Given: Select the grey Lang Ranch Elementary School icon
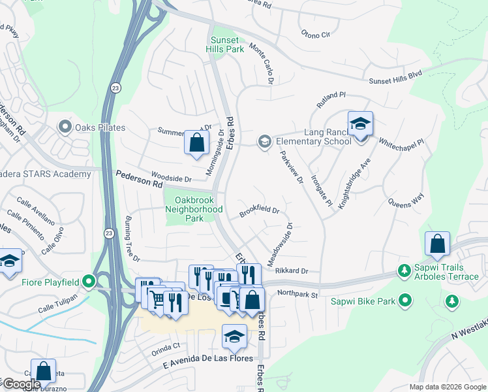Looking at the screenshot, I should click(264, 141).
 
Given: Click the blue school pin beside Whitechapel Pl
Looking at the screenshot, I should click(359, 124).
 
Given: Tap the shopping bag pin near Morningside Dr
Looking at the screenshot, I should click(196, 142).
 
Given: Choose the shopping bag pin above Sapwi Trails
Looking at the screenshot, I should click(438, 244).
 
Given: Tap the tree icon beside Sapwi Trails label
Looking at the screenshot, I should click(404, 270).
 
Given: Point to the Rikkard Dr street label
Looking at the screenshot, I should click(291, 270).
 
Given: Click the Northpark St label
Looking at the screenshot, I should click(297, 295).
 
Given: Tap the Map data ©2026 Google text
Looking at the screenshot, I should click(447, 387).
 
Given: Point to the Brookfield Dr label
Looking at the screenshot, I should click(259, 212).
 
